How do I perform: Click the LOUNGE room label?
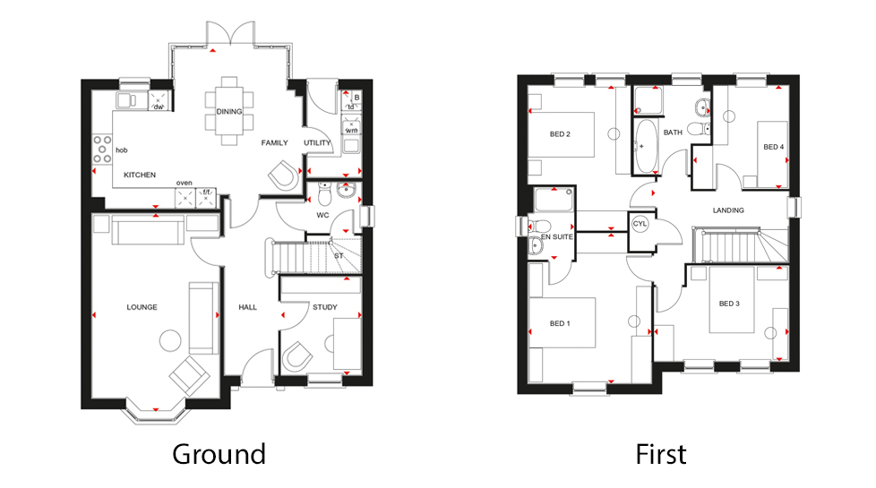tap(142, 307)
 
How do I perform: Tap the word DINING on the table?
tap(229, 112)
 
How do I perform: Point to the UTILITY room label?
tap(317, 143)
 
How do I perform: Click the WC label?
tap(323, 215)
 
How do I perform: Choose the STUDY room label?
tap(324, 307)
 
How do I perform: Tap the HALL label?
tap(247, 307)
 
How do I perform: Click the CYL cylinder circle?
tap(640, 224)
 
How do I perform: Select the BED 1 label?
tap(559, 323)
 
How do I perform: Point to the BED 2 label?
tap(560, 134)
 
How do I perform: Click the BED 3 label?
tap(729, 303)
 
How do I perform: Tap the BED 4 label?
tap(773, 147)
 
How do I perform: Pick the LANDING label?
tap(728, 210)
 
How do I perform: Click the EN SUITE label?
tap(556, 237)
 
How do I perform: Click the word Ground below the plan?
tap(219, 453)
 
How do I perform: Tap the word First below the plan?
tap(661, 453)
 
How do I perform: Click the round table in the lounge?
tap(169, 340)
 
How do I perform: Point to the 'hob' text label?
tap(122, 150)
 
